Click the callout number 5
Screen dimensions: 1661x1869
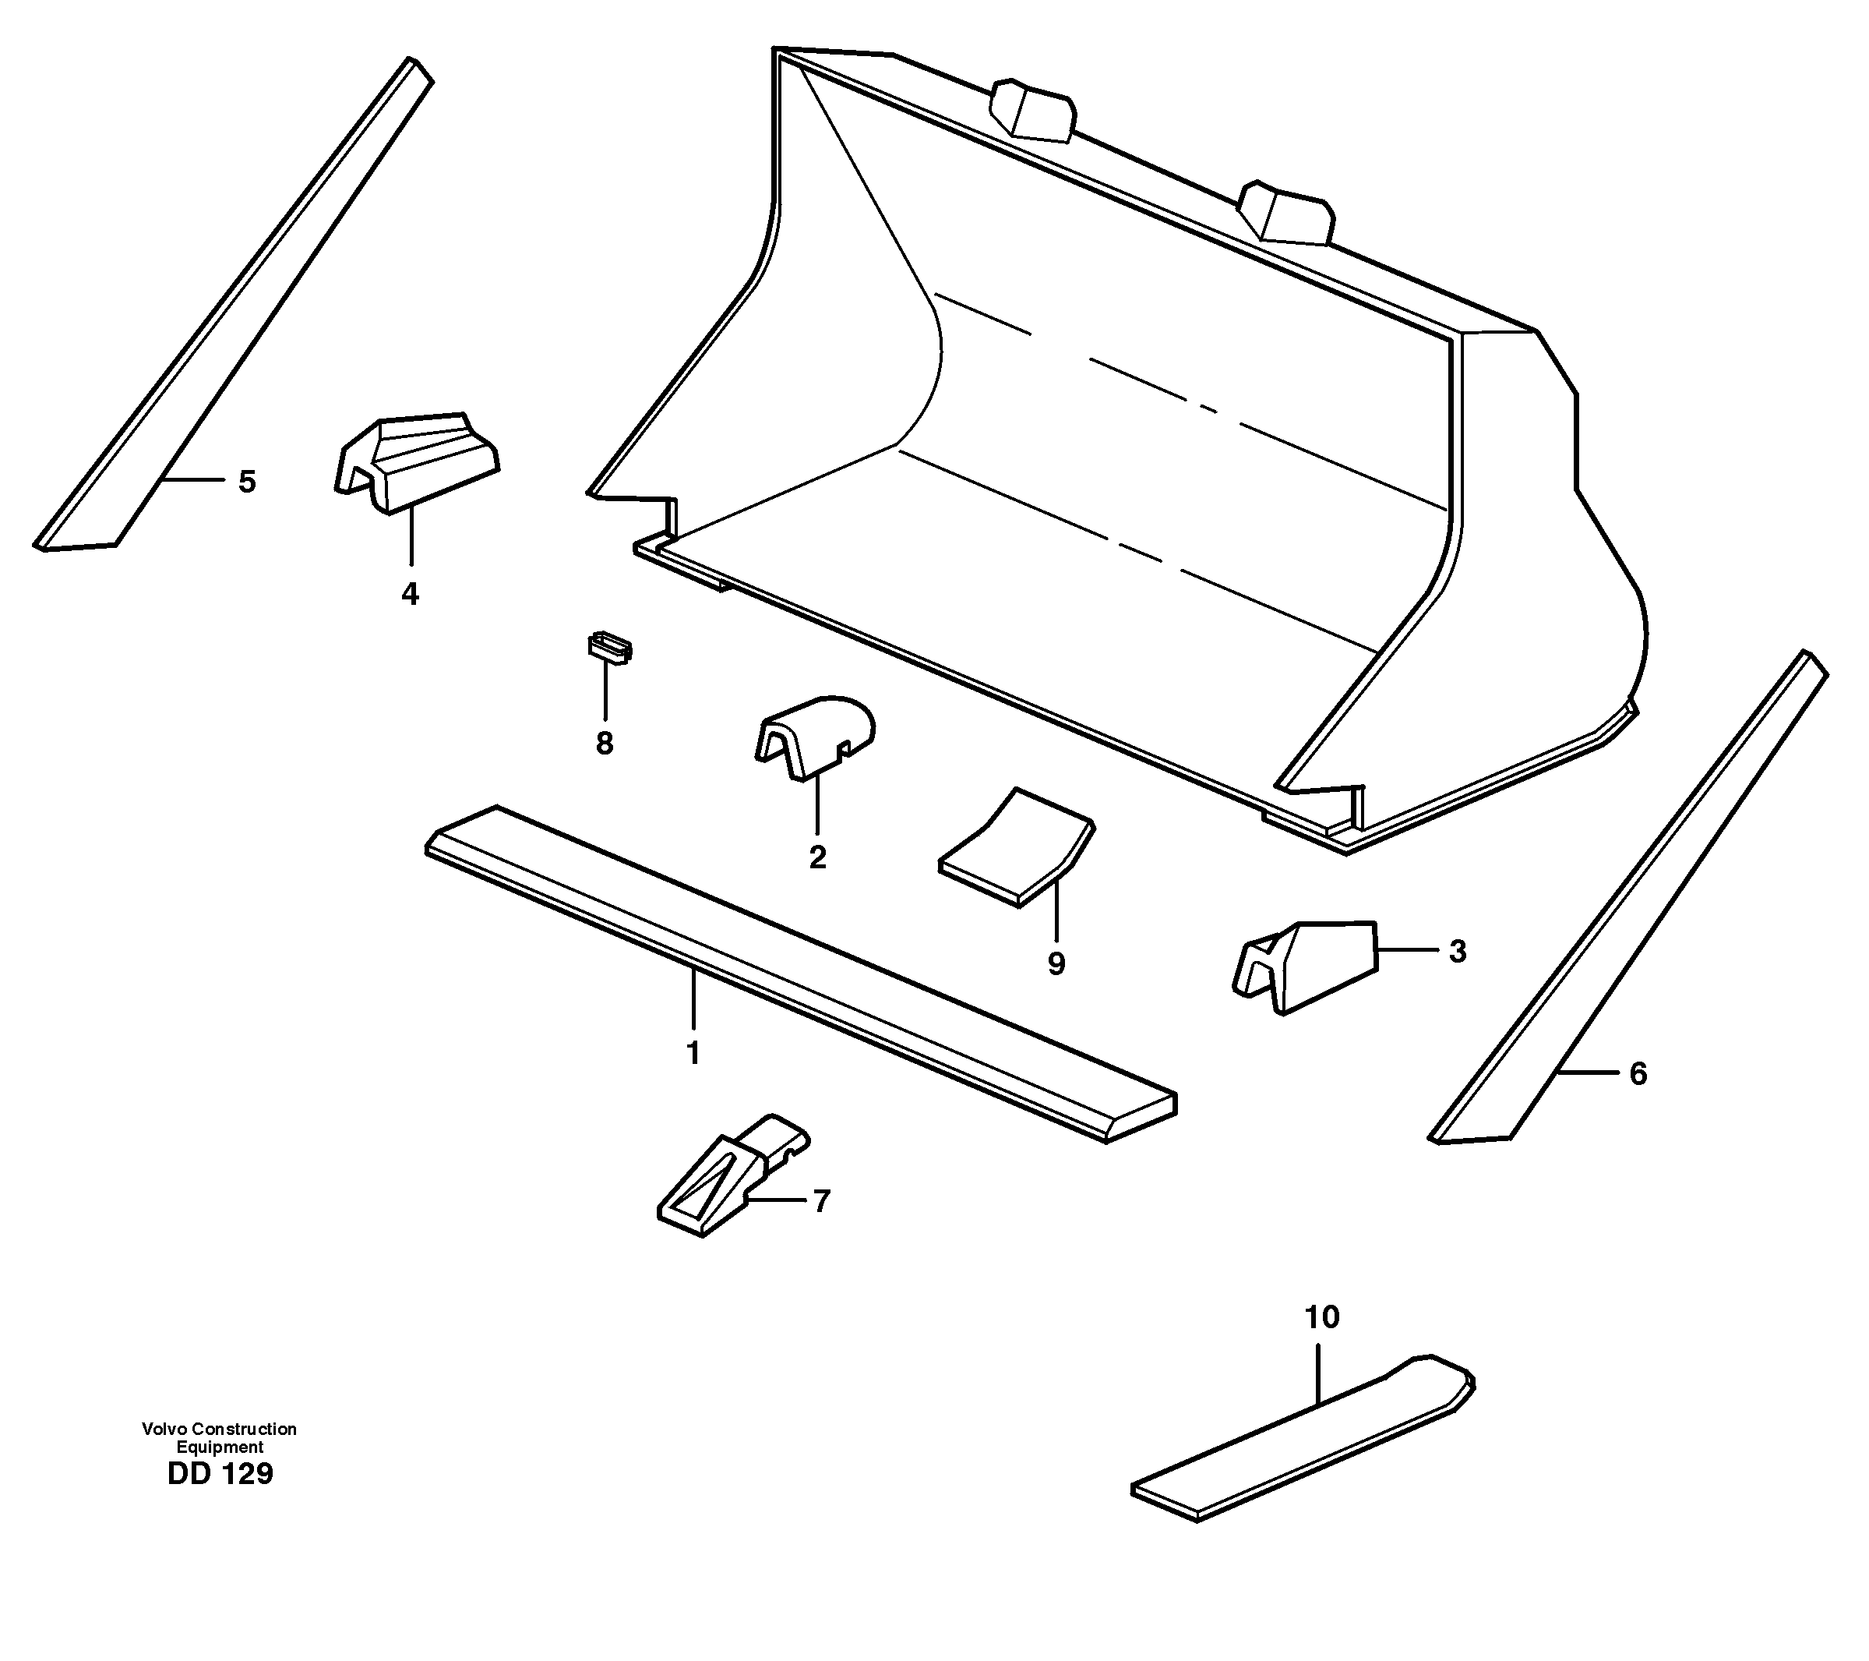click(x=247, y=482)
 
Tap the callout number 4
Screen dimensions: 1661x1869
click(x=410, y=595)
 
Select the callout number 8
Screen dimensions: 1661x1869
click(x=605, y=744)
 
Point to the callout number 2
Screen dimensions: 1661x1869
click(x=817, y=857)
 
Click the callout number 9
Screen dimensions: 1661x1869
click(x=1056, y=963)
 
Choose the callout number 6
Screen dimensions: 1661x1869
click(x=1638, y=1074)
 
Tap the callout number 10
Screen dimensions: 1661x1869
click(x=1322, y=1317)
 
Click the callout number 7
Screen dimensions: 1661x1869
click(x=821, y=1201)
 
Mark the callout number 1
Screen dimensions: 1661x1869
click(x=693, y=1054)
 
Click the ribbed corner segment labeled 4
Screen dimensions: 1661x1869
click(x=416, y=462)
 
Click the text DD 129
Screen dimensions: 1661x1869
click(x=220, y=1473)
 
